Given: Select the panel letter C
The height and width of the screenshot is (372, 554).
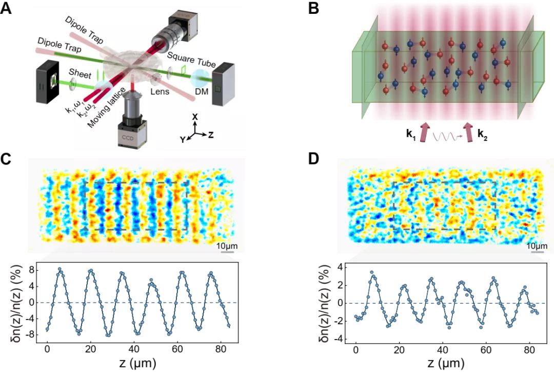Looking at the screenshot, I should point(7,159).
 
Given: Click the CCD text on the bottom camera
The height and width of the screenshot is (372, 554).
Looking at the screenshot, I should point(127,139).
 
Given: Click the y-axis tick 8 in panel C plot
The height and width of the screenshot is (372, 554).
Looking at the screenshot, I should point(31,269).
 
